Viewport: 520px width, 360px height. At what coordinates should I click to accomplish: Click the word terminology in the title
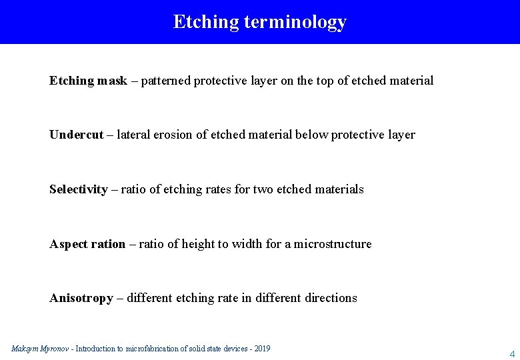tap(295, 22)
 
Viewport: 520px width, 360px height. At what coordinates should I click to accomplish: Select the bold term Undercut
tap(76, 135)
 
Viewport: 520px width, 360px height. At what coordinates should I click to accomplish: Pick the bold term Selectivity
tap(78, 189)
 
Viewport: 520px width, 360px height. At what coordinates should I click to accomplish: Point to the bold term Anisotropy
tap(81, 298)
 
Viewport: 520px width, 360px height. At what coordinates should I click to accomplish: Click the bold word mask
tap(112, 81)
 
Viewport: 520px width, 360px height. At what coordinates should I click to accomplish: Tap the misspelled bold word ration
tap(108, 244)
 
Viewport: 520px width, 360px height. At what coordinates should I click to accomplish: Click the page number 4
tap(512, 353)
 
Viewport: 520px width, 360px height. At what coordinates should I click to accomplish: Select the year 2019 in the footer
tap(261, 349)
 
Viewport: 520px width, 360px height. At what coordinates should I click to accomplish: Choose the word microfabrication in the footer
tap(154, 349)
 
